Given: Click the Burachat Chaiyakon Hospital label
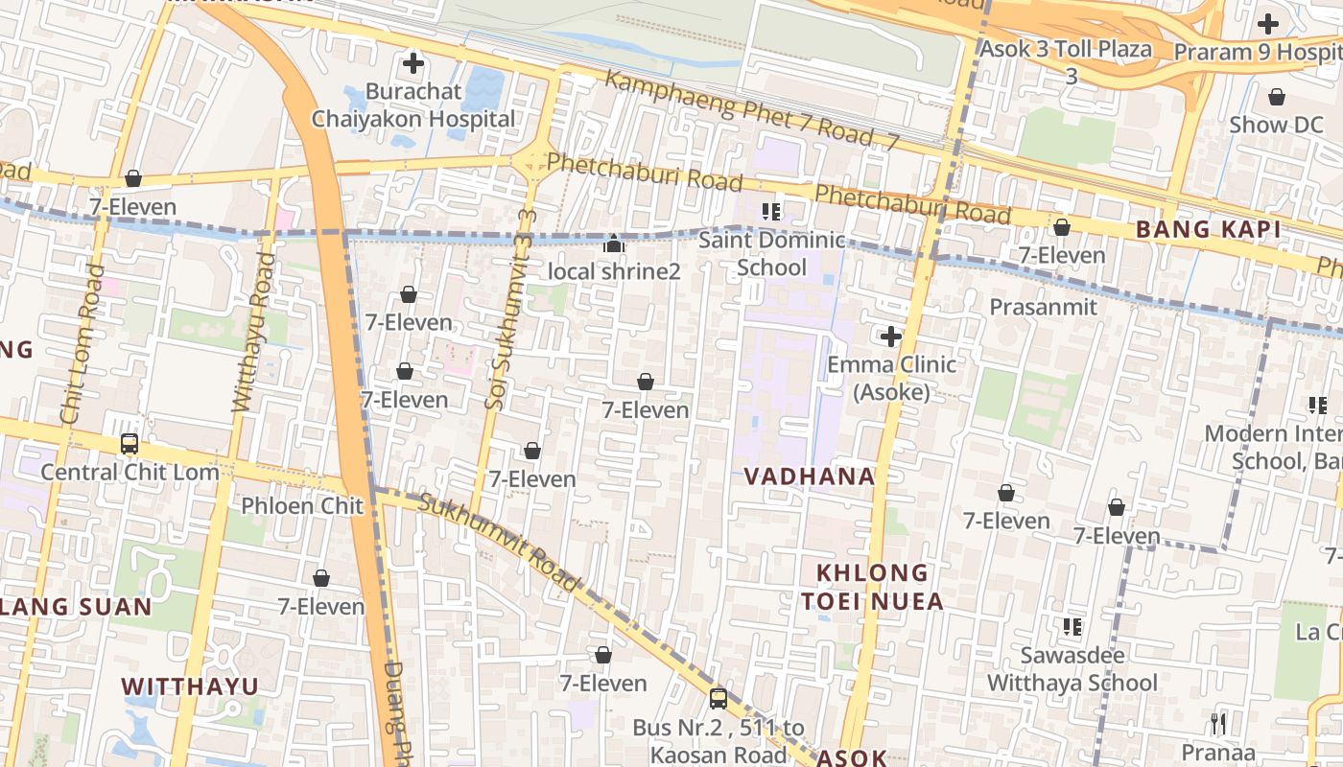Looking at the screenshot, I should tap(413, 105).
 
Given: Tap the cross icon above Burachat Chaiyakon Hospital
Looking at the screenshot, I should tap(413, 64).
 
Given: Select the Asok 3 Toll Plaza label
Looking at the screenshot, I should tap(1066, 49).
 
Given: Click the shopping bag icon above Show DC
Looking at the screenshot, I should tap(1277, 97).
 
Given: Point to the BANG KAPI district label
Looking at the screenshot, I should tap(1208, 229).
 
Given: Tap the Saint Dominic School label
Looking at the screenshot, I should tap(771, 253).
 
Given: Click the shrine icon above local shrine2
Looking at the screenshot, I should tap(614, 244).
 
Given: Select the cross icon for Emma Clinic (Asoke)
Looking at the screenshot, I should tap(891, 337).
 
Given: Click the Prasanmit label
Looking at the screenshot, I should tap(1043, 307).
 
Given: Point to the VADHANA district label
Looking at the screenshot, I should tap(810, 476).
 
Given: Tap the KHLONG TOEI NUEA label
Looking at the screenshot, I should tap(872, 587).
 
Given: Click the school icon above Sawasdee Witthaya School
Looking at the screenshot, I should tap(1072, 628).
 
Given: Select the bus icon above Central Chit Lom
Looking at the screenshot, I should tap(130, 444).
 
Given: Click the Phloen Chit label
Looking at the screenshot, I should tap(302, 505).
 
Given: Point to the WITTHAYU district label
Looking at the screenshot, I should tap(191, 686).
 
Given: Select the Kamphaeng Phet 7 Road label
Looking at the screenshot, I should tap(752, 109).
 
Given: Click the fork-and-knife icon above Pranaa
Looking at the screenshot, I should tap(1218, 723).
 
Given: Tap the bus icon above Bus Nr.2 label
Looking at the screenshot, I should tap(718, 699).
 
